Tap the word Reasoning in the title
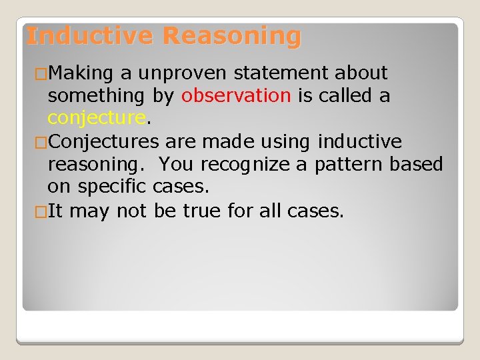click(x=231, y=35)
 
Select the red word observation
click(x=236, y=96)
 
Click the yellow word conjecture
click(x=96, y=119)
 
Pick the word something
click(x=96, y=96)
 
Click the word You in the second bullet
click(x=175, y=165)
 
